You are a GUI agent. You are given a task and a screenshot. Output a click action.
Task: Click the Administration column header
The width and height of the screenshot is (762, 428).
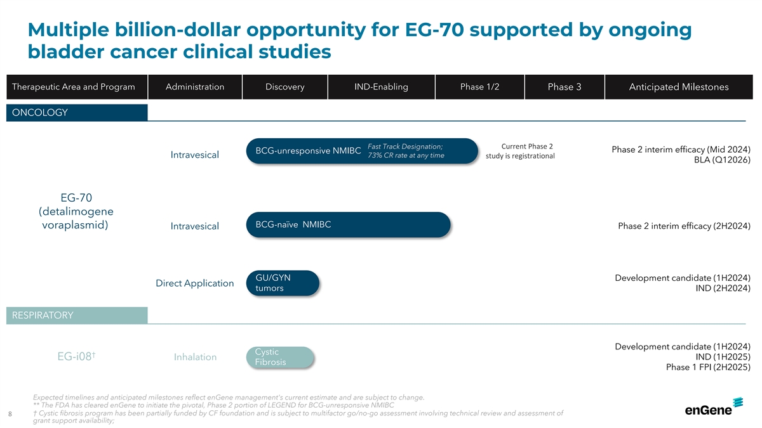pyautogui.click(x=195, y=87)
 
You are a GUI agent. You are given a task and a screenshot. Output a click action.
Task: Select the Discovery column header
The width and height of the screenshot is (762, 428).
pyautogui.click(x=284, y=87)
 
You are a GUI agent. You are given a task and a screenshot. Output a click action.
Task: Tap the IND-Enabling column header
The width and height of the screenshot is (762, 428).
pyautogui.click(x=381, y=87)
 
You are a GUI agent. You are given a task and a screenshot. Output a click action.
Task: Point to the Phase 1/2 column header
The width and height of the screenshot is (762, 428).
pyautogui.click(x=479, y=87)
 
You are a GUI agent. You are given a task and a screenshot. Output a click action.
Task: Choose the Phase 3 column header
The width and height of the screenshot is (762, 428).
pyautogui.click(x=565, y=87)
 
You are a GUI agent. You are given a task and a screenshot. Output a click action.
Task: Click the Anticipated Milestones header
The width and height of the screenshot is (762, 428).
pyautogui.click(x=679, y=87)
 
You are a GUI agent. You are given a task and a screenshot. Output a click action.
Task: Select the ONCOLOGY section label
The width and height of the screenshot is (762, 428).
pyautogui.click(x=77, y=112)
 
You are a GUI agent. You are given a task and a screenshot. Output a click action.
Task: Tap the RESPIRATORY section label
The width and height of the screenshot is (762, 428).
pyautogui.click(x=77, y=315)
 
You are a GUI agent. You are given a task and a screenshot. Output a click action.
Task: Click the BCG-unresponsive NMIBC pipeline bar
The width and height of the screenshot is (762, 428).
pyautogui.click(x=362, y=151)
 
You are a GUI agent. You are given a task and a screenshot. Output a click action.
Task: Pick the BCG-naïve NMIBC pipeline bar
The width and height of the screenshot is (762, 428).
pyautogui.click(x=349, y=224)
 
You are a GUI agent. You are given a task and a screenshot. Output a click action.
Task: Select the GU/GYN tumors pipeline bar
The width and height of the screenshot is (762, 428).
pyautogui.click(x=283, y=283)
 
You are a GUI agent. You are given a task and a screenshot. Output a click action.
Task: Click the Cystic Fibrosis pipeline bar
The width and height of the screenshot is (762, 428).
pyautogui.click(x=279, y=357)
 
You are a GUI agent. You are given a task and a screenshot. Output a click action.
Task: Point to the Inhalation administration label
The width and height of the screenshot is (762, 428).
pyautogui.click(x=196, y=357)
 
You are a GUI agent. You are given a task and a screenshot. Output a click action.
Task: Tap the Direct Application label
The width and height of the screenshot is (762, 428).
pyautogui.click(x=194, y=283)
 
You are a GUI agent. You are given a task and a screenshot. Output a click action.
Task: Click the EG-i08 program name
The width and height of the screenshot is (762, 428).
pyautogui.click(x=76, y=356)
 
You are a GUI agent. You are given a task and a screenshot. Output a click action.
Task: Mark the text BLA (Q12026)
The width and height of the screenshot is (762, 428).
pyautogui.click(x=722, y=160)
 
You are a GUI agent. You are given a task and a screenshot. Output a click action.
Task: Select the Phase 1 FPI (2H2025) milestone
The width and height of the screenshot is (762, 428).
pyautogui.click(x=708, y=367)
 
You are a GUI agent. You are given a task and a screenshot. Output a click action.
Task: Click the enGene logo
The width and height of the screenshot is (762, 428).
pyautogui.click(x=714, y=406)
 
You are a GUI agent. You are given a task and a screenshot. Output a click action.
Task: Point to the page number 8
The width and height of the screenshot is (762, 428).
pyautogui.click(x=10, y=413)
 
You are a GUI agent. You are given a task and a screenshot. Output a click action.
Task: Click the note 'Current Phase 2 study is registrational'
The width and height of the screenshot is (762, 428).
pyautogui.click(x=520, y=151)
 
